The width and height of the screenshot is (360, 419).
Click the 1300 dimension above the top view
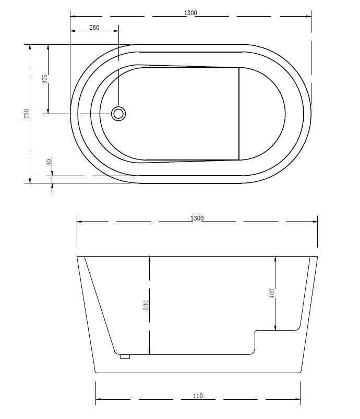pos(190,13)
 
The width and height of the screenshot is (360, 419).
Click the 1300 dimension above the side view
pos(197,218)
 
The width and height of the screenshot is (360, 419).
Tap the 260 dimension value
pos(94,28)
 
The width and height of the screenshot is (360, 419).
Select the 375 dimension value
pos(45,79)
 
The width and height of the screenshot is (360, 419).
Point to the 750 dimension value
pos(27,114)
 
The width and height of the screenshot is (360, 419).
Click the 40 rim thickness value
pos(49,162)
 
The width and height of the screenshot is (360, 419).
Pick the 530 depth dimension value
pos(146,305)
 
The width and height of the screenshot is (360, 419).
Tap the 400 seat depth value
pos(272,293)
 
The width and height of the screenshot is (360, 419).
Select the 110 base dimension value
pos(198,396)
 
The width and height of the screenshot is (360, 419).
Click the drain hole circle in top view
pos(118,114)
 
